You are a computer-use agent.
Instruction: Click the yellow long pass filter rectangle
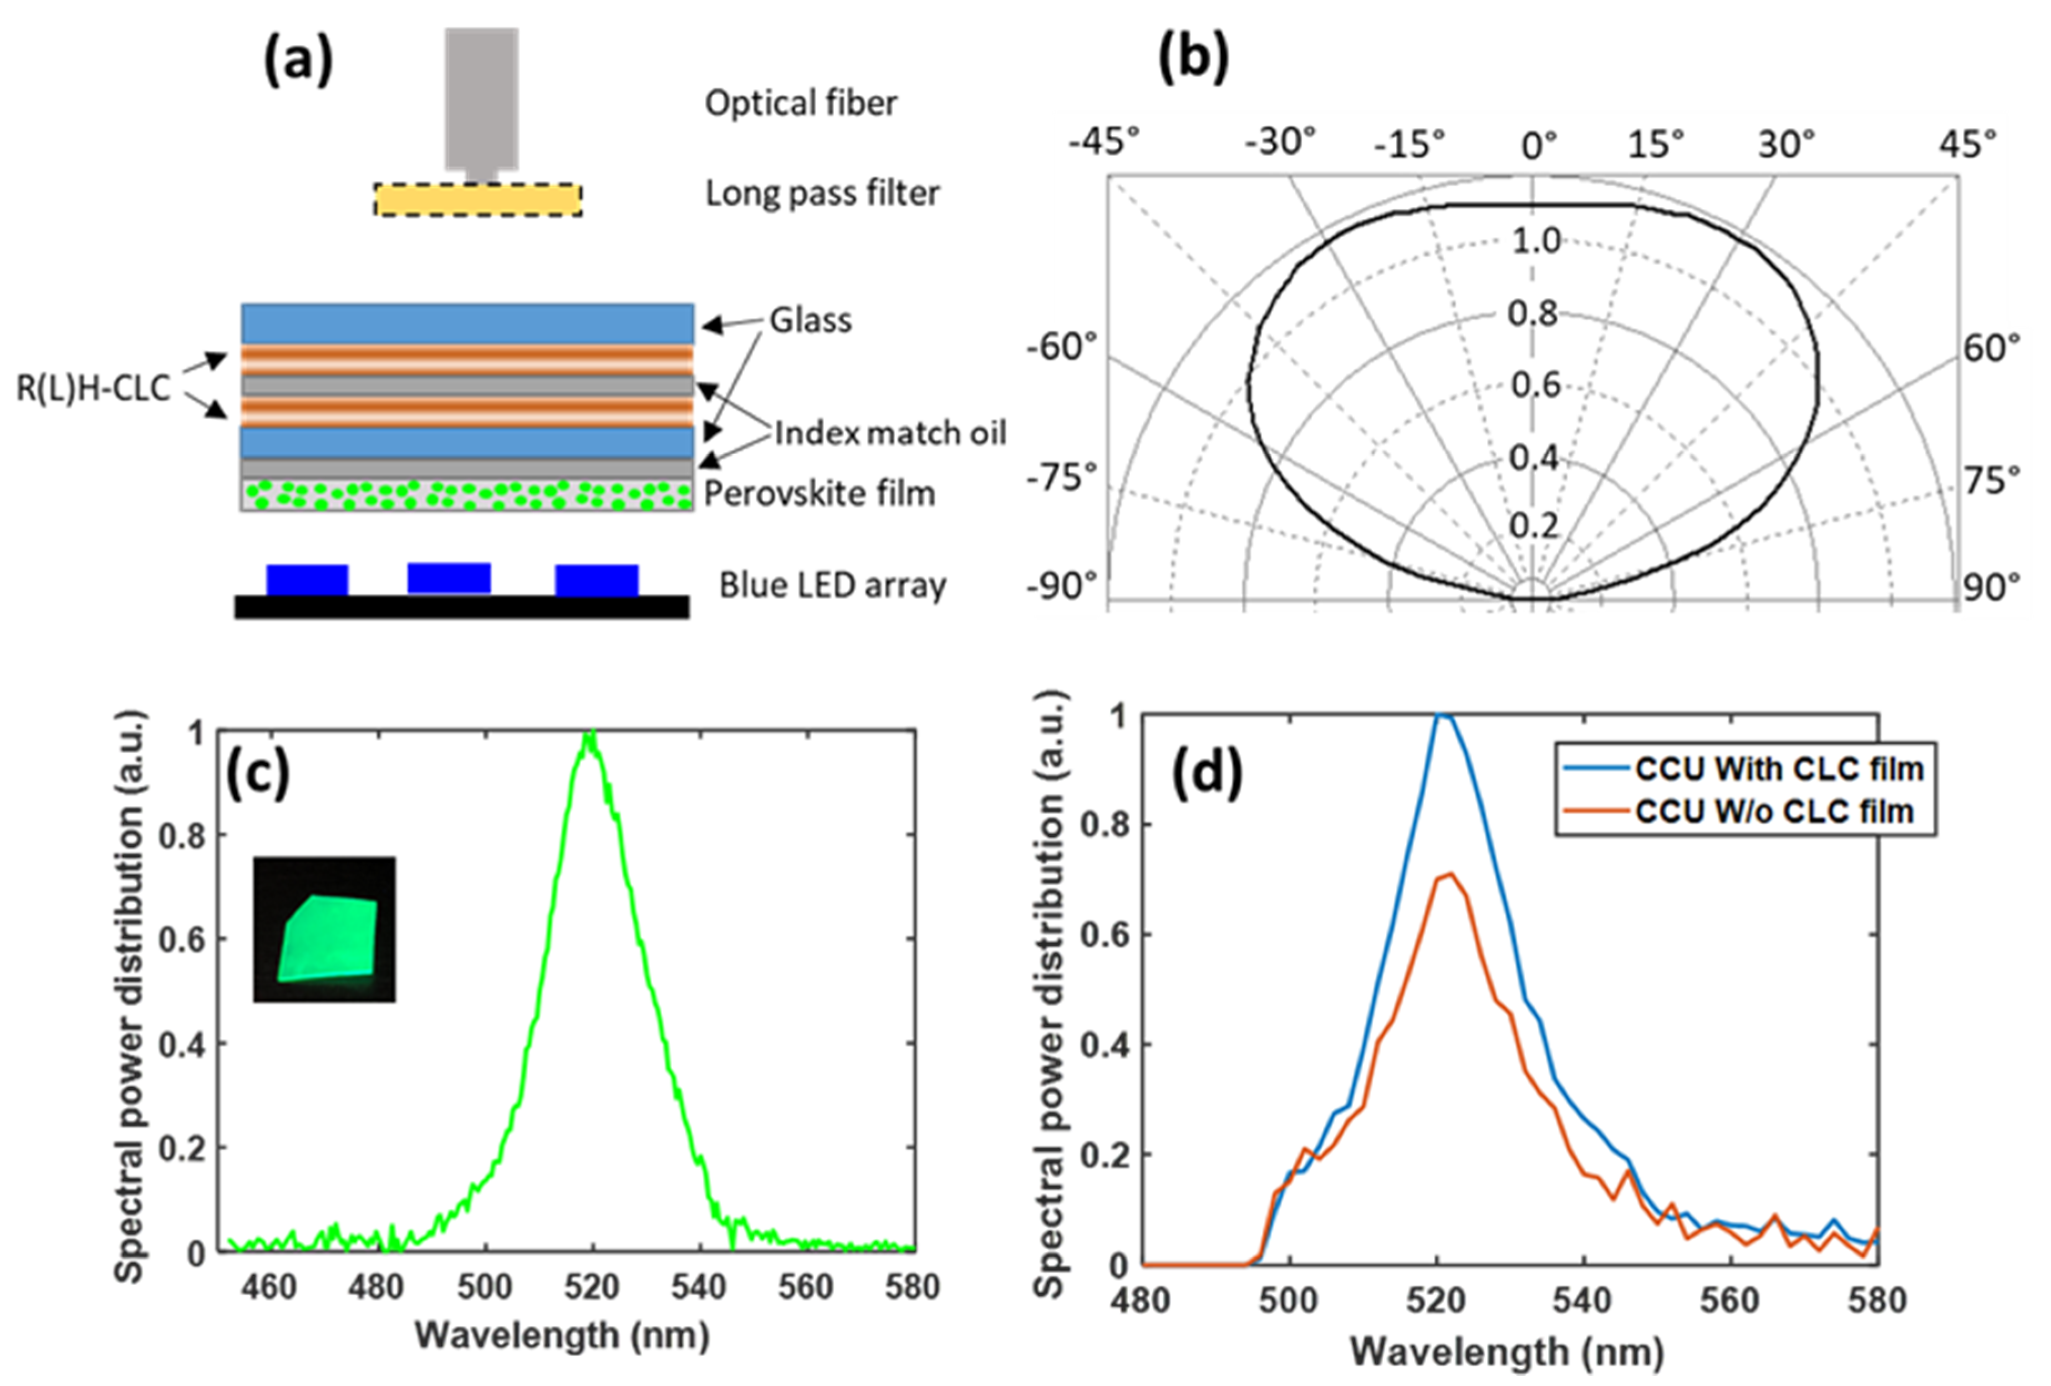point(477,200)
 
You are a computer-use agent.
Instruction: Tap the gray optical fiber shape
point(481,97)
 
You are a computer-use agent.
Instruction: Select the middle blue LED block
point(449,578)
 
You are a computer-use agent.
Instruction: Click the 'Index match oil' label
point(889,434)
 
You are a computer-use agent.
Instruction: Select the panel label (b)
point(1193,60)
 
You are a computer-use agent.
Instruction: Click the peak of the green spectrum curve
point(591,733)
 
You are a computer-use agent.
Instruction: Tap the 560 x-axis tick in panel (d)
point(1731,1301)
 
